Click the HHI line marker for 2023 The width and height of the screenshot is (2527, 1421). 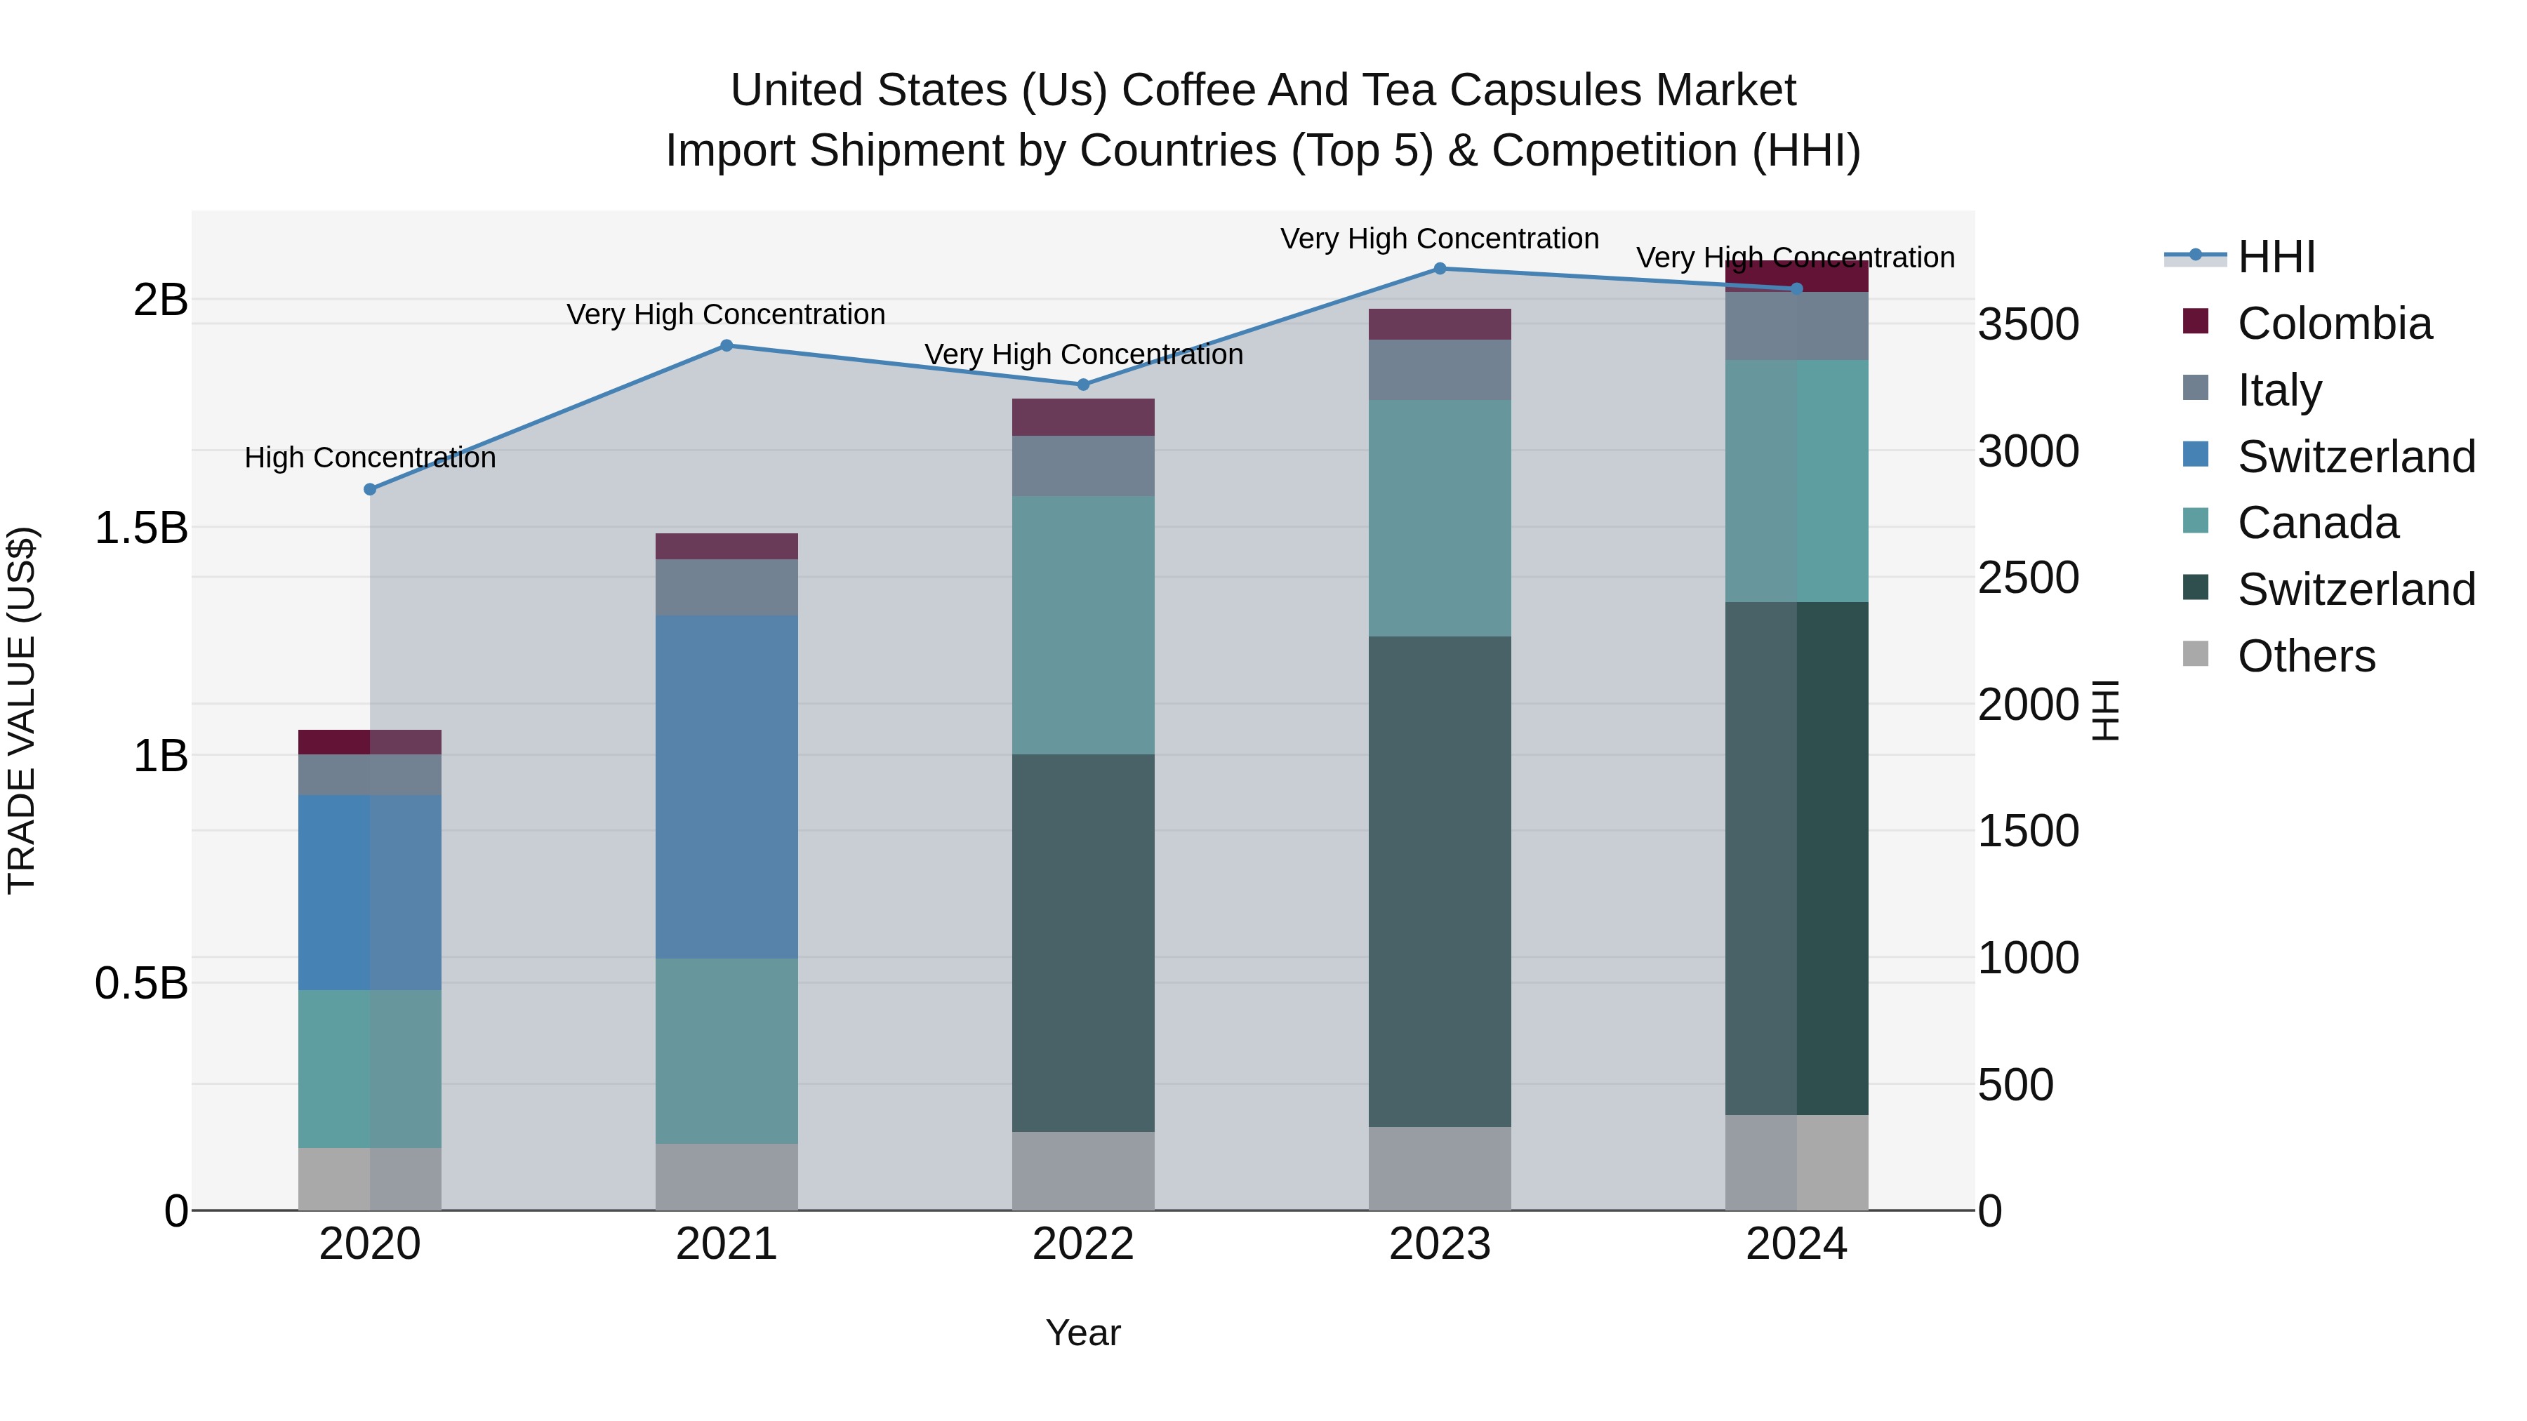click(x=1439, y=269)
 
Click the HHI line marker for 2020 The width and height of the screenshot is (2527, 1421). click(x=370, y=489)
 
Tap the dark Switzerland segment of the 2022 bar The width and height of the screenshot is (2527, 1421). click(x=1083, y=942)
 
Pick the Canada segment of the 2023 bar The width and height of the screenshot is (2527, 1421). click(x=1439, y=518)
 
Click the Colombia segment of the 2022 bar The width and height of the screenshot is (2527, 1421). click(x=1083, y=417)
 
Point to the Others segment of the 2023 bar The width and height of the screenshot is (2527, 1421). click(x=1439, y=1168)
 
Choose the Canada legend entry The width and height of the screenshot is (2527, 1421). click(x=2317, y=523)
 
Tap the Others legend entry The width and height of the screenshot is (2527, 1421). click(x=2305, y=656)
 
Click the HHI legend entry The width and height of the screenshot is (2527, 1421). click(x=2276, y=257)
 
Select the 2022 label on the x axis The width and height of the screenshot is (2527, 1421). click(x=1083, y=1244)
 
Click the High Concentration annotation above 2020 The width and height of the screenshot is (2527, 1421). click(x=370, y=458)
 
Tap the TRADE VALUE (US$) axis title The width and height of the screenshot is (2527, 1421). click(x=22, y=710)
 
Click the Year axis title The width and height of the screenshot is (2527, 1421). click(x=1083, y=1333)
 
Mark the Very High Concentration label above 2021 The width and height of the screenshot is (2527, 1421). click(x=726, y=315)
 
